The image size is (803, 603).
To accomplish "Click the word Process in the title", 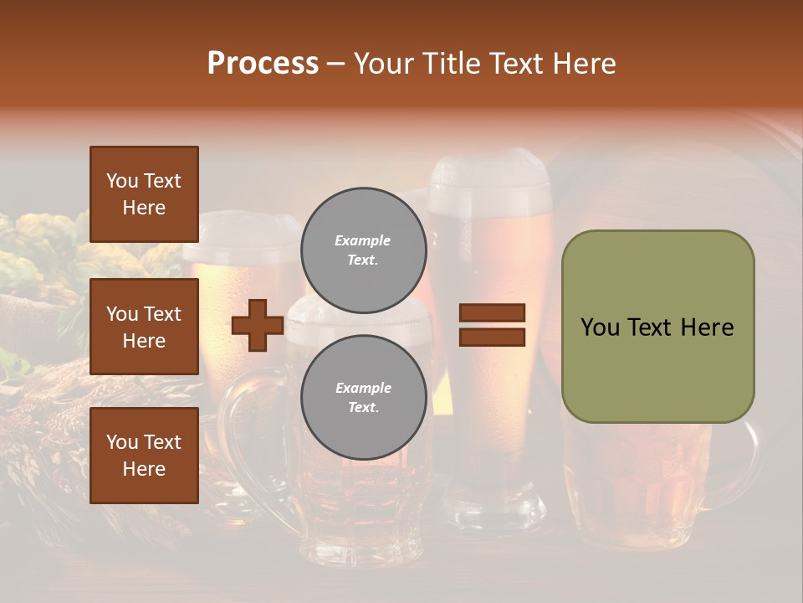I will click(263, 64).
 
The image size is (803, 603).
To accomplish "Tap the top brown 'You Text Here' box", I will click(144, 194).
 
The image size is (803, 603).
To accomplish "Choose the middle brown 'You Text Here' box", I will click(144, 327).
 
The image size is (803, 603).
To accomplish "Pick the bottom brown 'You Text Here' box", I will click(144, 455).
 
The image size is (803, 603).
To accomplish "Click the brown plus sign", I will click(257, 326).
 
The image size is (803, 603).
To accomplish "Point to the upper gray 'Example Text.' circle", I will click(363, 250).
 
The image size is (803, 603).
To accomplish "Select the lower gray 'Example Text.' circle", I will click(363, 397).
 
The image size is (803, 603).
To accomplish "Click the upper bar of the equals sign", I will click(492, 313).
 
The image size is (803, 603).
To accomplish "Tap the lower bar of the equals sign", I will click(492, 337).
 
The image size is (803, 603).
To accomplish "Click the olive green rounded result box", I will click(657, 327).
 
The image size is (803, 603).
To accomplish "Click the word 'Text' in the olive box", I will click(655, 327).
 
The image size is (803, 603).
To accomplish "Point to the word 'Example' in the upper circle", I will click(363, 240).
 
